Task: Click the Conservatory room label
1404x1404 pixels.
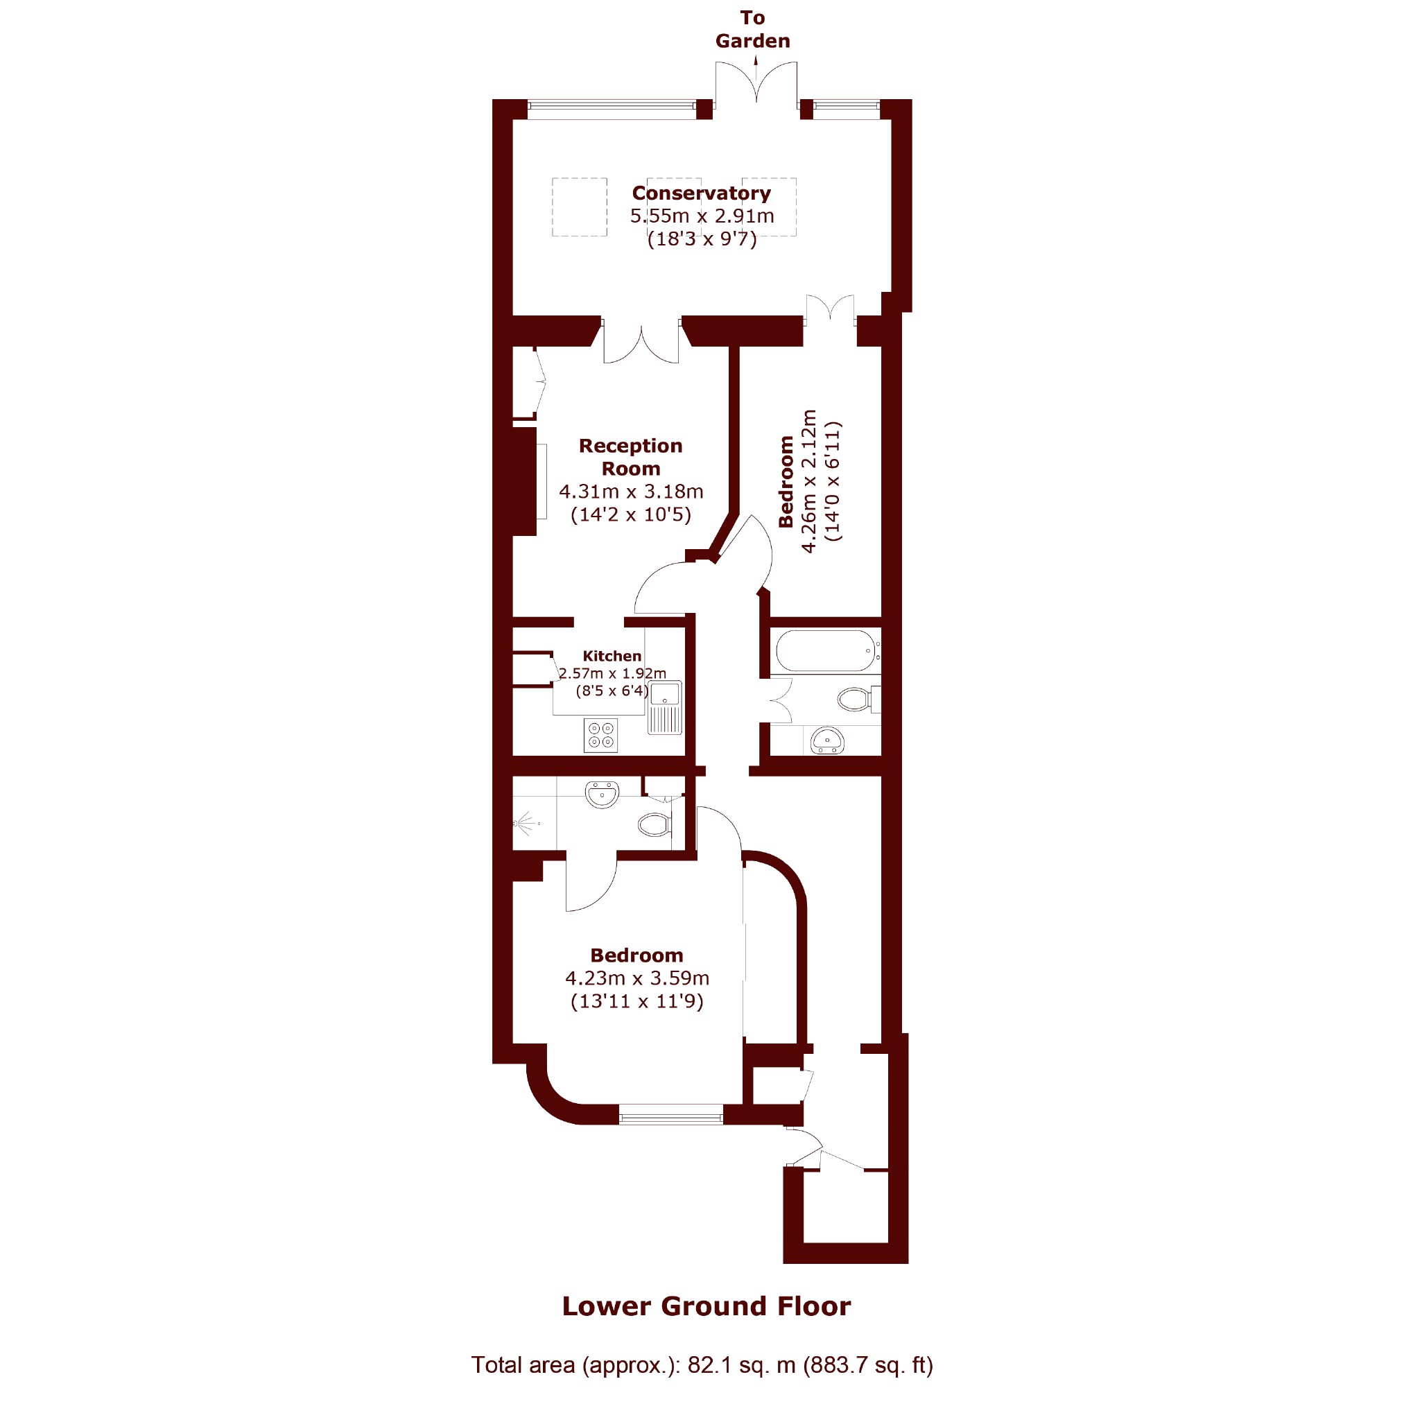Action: point(701,193)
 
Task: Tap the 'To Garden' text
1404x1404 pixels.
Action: point(752,29)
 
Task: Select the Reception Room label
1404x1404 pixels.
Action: point(631,457)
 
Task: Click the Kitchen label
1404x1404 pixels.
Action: point(612,656)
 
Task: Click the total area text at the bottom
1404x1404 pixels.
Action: point(702,1364)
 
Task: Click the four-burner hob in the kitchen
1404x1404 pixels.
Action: point(601,735)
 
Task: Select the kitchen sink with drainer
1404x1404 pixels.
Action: point(665,708)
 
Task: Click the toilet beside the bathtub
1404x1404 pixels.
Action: point(858,699)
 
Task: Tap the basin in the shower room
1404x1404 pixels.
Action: point(602,795)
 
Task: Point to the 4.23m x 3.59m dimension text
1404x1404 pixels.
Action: point(637,978)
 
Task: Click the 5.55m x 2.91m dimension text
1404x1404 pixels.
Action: point(702,216)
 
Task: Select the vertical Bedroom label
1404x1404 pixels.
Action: point(786,481)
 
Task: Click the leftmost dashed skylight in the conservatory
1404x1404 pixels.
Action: point(579,207)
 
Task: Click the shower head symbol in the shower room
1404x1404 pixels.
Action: point(525,824)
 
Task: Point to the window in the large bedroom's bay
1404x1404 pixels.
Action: point(670,1114)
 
